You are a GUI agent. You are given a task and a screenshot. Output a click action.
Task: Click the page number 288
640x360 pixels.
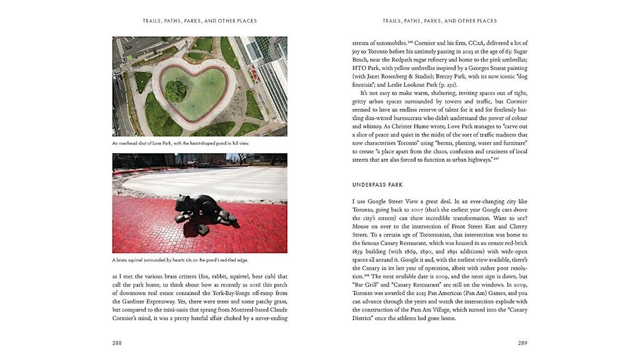117,343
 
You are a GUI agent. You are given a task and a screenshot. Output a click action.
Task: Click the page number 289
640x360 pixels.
523,343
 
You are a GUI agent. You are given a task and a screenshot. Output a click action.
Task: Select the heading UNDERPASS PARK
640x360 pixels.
377,185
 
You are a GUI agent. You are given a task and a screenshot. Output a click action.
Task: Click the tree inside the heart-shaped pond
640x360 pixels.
175,91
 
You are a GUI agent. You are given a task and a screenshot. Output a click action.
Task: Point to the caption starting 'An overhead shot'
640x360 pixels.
181,143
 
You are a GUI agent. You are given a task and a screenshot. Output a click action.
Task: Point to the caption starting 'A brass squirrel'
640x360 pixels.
180,260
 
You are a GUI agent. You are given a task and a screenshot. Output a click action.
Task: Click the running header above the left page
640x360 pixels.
199,21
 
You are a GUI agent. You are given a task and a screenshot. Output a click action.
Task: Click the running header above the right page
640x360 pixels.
439,21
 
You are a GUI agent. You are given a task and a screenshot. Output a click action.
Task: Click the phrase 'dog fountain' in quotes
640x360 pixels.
366,85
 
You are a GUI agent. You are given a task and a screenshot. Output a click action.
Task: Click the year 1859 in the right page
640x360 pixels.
359,251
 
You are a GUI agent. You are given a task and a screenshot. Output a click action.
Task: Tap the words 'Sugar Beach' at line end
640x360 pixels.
513,51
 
